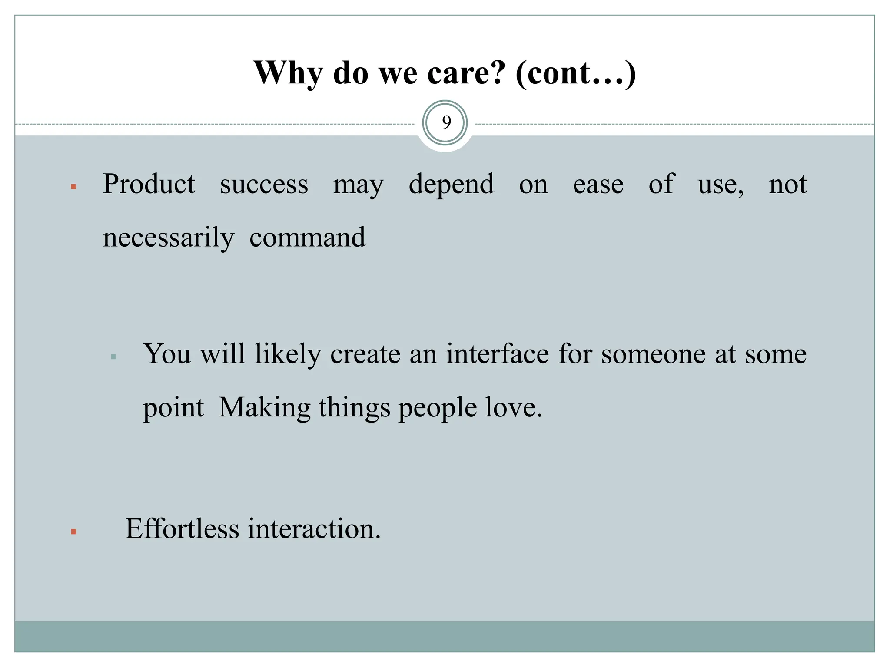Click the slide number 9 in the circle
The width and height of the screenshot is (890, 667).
[446, 123]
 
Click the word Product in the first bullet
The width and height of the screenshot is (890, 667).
[149, 185]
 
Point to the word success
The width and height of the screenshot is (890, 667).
[264, 185]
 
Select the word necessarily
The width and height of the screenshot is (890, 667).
[168, 238]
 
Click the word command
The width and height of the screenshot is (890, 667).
[307, 238]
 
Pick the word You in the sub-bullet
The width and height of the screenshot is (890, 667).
[167, 354]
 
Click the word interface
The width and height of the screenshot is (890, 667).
[497, 354]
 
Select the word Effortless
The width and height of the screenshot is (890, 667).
[182, 529]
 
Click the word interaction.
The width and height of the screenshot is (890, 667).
[314, 529]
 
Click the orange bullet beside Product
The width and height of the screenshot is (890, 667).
[73, 187]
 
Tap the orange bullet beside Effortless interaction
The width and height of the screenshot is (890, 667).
[73, 532]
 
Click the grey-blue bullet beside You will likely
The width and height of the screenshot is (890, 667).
[114, 357]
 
